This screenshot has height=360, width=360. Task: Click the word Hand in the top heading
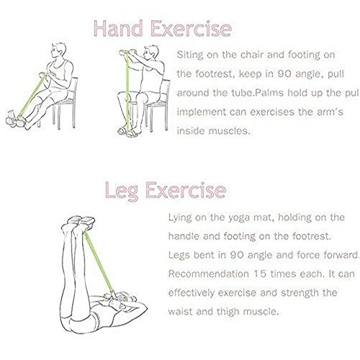(x=118, y=29)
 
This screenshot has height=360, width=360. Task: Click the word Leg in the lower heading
(x=122, y=191)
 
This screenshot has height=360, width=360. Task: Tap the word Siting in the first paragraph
(x=190, y=55)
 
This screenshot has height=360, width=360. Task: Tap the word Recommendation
(x=209, y=274)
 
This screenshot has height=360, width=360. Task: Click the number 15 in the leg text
(x=259, y=274)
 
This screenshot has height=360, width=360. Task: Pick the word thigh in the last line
(x=228, y=312)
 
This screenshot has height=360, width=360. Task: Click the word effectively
(x=192, y=293)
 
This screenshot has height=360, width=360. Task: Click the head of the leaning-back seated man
(x=58, y=50)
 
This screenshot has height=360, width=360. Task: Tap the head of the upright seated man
(x=150, y=53)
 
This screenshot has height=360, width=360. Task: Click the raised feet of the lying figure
(x=81, y=221)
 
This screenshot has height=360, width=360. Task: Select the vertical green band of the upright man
(x=127, y=91)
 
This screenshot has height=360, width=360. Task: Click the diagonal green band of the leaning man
(x=32, y=96)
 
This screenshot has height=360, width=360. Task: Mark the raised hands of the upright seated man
(x=127, y=52)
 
